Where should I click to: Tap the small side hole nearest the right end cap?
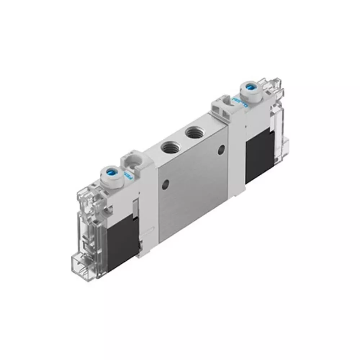(x=221, y=148)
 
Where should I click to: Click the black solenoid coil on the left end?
(x=123, y=236)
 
